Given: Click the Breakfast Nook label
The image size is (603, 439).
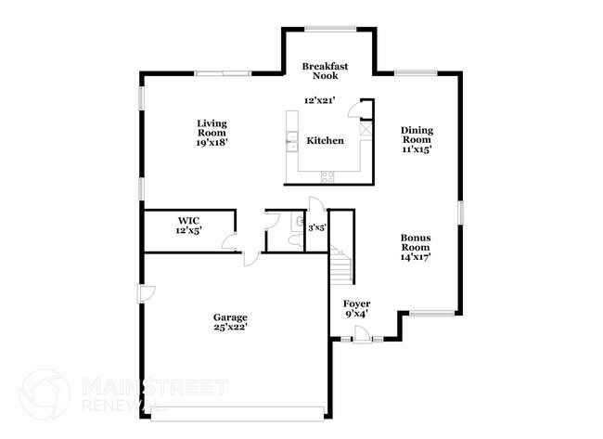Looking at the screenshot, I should [326, 71].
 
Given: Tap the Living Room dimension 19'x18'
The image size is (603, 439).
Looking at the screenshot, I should [212, 142].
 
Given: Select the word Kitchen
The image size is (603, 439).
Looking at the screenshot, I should [326, 141].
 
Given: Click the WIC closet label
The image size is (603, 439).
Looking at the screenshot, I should [188, 221].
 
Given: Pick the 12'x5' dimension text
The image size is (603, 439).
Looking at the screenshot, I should [188, 230].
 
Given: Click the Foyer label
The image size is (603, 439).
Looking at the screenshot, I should [357, 303].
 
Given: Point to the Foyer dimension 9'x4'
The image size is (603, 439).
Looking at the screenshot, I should [357, 314].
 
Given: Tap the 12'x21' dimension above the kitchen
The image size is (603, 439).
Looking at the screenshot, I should [320, 99].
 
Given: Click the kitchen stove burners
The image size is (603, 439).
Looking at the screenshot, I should [327, 175].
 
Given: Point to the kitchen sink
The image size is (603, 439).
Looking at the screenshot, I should [289, 140].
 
